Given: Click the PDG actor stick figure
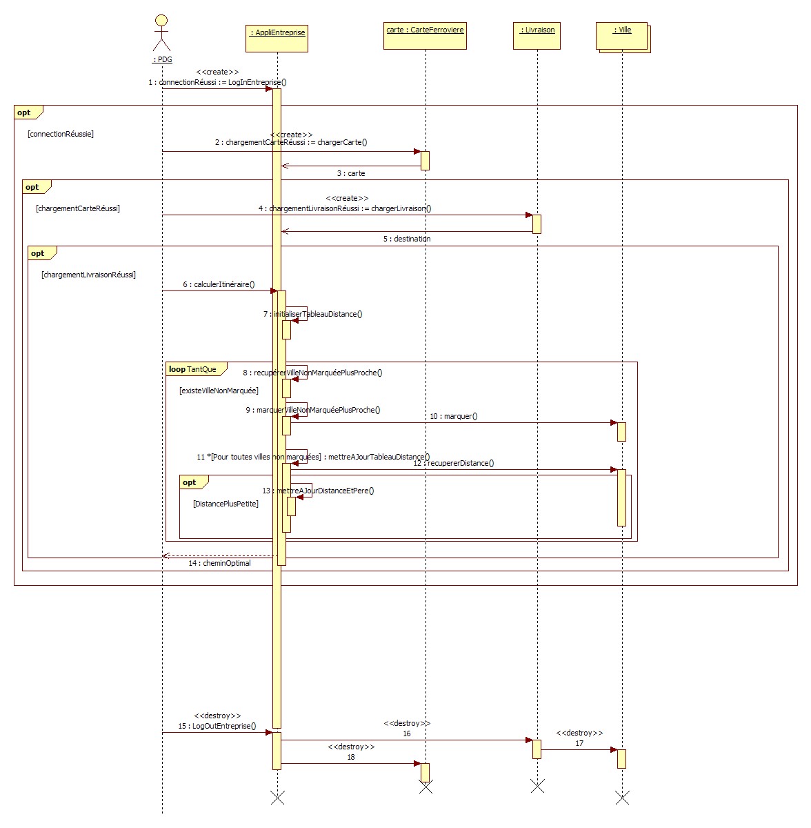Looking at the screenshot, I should click(161, 33).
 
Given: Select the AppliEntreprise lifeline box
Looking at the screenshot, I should click(277, 38).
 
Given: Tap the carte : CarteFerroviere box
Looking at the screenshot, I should click(425, 36).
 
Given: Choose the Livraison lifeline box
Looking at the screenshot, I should click(537, 36).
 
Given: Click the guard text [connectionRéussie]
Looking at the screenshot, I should click(61, 134).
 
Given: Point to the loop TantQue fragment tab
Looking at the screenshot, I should click(192, 370).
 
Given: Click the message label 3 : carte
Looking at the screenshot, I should click(351, 173).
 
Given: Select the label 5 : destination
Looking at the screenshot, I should click(407, 239).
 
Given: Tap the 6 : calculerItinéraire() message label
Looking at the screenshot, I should click(219, 284).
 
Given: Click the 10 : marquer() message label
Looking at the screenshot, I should click(453, 416).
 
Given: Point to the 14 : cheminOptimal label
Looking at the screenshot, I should click(219, 564).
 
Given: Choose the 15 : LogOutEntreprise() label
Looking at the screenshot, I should click(217, 726).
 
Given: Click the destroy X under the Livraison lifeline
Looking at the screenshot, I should click(537, 785).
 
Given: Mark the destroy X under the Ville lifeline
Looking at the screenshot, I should click(622, 798).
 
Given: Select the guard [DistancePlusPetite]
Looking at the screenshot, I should click(226, 504).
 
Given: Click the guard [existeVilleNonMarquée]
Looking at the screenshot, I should click(219, 391).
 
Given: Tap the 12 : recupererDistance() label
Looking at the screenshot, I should click(454, 463).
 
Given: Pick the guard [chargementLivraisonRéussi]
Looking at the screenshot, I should click(88, 275).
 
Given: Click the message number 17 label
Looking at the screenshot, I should click(579, 743).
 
